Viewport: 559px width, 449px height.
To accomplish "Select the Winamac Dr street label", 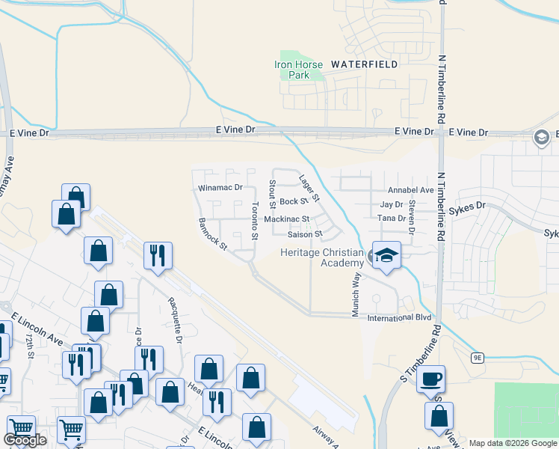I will tap(220, 187).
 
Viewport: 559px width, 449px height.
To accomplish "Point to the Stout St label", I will tap(273, 193).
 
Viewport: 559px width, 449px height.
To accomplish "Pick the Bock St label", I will tap(294, 201).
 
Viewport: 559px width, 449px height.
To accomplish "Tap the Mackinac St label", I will tap(286, 219).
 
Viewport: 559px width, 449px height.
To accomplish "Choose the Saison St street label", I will tap(303, 234).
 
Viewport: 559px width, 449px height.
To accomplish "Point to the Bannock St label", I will tap(213, 234).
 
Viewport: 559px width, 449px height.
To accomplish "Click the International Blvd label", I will tap(400, 318).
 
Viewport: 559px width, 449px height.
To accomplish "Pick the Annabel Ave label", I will tap(411, 190).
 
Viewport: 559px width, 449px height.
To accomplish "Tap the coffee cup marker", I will tap(430, 379).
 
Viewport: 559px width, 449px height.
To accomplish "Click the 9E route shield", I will tap(478, 358).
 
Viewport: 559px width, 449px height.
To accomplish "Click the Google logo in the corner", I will tap(25, 440).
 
